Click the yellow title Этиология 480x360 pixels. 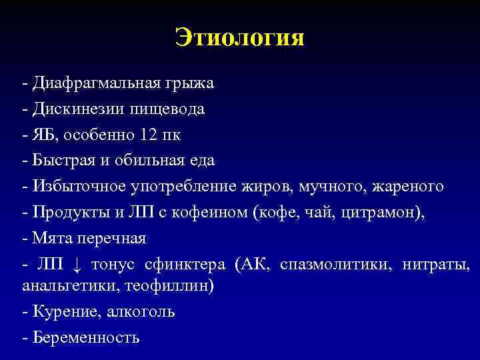pos(239,37)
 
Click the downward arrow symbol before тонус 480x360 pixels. pos(77,264)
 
